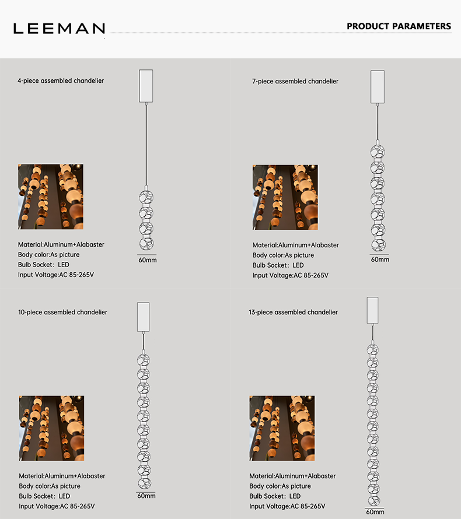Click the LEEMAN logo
(x=60, y=29)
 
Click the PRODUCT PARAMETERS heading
(x=399, y=26)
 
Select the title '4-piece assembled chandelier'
(x=61, y=80)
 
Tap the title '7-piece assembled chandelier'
(x=295, y=82)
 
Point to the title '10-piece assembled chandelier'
(x=62, y=312)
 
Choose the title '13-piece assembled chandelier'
(x=293, y=312)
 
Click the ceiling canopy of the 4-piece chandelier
(x=146, y=86)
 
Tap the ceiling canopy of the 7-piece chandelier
(x=378, y=87)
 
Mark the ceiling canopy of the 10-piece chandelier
(x=144, y=317)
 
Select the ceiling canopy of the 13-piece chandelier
(x=372, y=310)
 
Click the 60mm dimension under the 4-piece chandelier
(x=148, y=260)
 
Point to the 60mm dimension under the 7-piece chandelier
(x=380, y=259)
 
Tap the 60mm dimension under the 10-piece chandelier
(x=146, y=496)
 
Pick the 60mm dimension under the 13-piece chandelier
(x=375, y=512)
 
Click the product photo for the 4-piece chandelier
(x=51, y=197)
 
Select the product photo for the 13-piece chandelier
(x=282, y=428)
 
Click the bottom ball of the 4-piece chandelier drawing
(x=146, y=244)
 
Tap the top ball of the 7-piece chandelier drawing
(x=378, y=152)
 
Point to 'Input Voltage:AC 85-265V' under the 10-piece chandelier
(x=57, y=506)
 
